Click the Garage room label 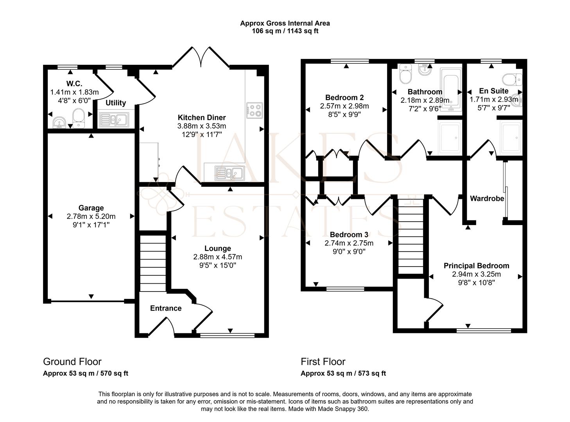click(x=91, y=208)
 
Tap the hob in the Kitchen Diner click(x=255, y=110)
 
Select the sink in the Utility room click(x=114, y=120)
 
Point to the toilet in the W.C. click(x=79, y=118)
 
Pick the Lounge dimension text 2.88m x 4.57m click(x=217, y=257)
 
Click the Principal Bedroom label click(x=476, y=266)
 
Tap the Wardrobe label click(x=487, y=198)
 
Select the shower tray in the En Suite click(x=511, y=137)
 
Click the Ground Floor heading click(x=72, y=361)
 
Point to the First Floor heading click(x=323, y=361)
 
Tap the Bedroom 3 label click(x=349, y=234)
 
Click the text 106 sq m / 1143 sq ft click(x=285, y=31)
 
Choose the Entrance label click(x=166, y=308)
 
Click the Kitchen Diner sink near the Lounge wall click(x=230, y=173)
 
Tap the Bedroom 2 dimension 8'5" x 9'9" click(x=344, y=114)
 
